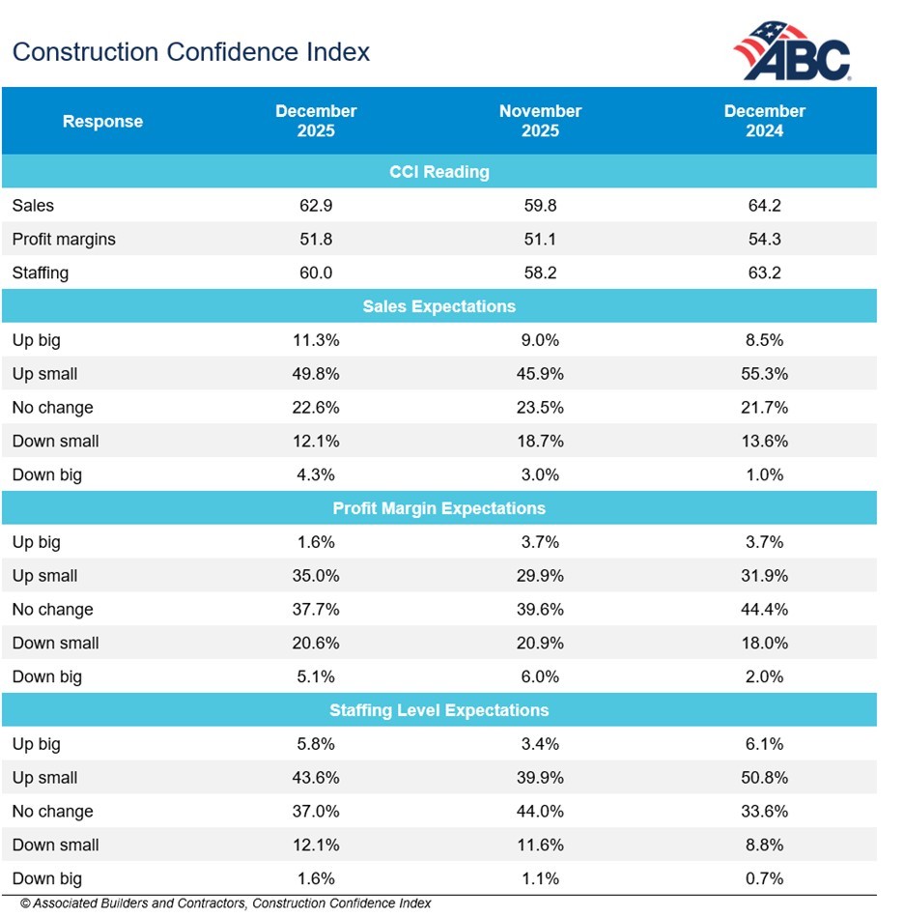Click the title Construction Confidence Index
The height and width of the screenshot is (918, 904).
191,51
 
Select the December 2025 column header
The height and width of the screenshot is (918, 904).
316,121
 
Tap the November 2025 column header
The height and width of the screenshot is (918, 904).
540,121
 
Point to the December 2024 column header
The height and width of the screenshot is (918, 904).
764,121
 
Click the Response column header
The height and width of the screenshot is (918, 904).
102,122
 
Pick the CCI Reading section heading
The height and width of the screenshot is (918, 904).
439,172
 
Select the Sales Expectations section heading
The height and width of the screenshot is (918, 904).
439,306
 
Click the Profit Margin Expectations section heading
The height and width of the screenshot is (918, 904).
439,508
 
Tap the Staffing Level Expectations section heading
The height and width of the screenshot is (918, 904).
439,710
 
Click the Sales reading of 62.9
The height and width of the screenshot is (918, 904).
316,205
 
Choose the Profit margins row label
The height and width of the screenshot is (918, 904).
64,239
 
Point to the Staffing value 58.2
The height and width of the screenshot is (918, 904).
540,273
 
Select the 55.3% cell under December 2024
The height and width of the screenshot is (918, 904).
764,374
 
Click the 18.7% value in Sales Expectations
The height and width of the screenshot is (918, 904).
540,442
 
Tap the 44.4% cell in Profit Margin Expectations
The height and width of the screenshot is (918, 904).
764,610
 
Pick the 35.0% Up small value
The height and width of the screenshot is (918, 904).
316,576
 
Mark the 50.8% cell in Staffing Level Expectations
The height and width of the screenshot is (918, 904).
764,778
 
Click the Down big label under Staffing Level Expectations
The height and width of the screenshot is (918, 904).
47,878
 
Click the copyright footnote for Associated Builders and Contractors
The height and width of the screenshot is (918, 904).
225,904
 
